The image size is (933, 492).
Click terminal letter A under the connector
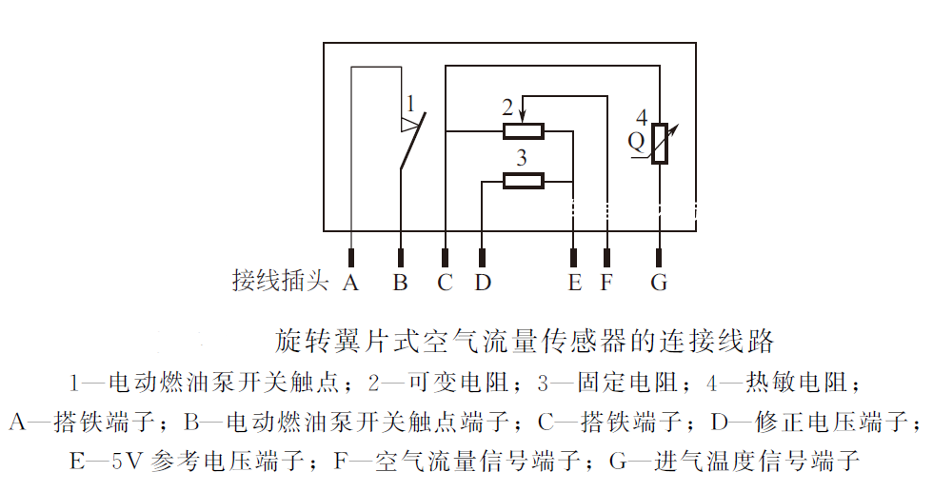pyautogui.click(x=350, y=282)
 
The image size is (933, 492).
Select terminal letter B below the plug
pyautogui.click(x=401, y=282)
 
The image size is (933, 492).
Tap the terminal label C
pyautogui.click(x=446, y=282)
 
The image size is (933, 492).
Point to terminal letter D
pyautogui.click(x=483, y=282)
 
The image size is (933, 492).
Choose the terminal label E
pyautogui.click(x=574, y=282)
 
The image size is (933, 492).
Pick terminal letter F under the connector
pyautogui.click(x=606, y=282)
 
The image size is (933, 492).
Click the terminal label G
pyautogui.click(x=659, y=282)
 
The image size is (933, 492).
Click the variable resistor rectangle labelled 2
pyautogui.click(x=524, y=131)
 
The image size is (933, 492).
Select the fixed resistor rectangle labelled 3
pyautogui.click(x=524, y=181)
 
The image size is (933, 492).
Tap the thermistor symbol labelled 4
pyautogui.click(x=659, y=144)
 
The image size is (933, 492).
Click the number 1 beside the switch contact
pyautogui.click(x=410, y=104)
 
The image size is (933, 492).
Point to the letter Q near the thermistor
pyautogui.click(x=636, y=142)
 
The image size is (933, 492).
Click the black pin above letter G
pyautogui.click(x=659, y=258)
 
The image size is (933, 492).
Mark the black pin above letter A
pyautogui.click(x=351, y=258)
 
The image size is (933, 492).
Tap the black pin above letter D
pyautogui.click(x=482, y=258)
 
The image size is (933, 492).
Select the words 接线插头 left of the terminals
pyautogui.click(x=280, y=280)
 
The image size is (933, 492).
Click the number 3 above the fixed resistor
pyautogui.click(x=522, y=158)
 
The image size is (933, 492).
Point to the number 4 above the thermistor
pyautogui.click(x=642, y=117)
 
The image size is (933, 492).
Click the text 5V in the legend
pyautogui.click(x=128, y=461)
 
